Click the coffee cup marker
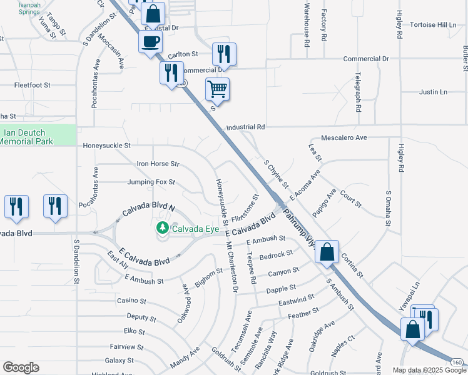pyautogui.click(x=150, y=42)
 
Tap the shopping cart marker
pyautogui.click(x=217, y=89)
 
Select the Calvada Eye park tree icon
pyautogui.click(x=163, y=227)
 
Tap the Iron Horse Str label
pyautogui.click(x=158, y=164)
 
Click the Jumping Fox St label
pyautogui.click(x=151, y=182)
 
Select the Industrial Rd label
pyautogui.click(x=246, y=127)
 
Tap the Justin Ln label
pyautogui.click(x=433, y=92)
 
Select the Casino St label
pyautogui.click(x=131, y=301)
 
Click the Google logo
pyautogui.click(x=21, y=368)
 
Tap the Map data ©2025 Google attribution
pyautogui.click(x=429, y=370)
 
